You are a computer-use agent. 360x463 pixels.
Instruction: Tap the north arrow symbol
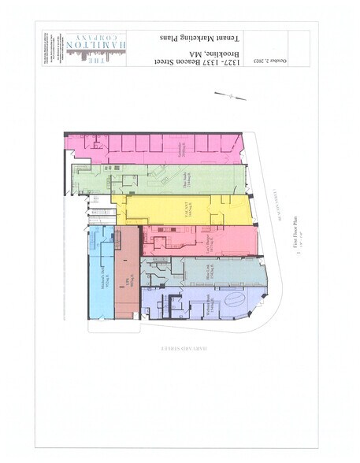pos(233,96)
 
